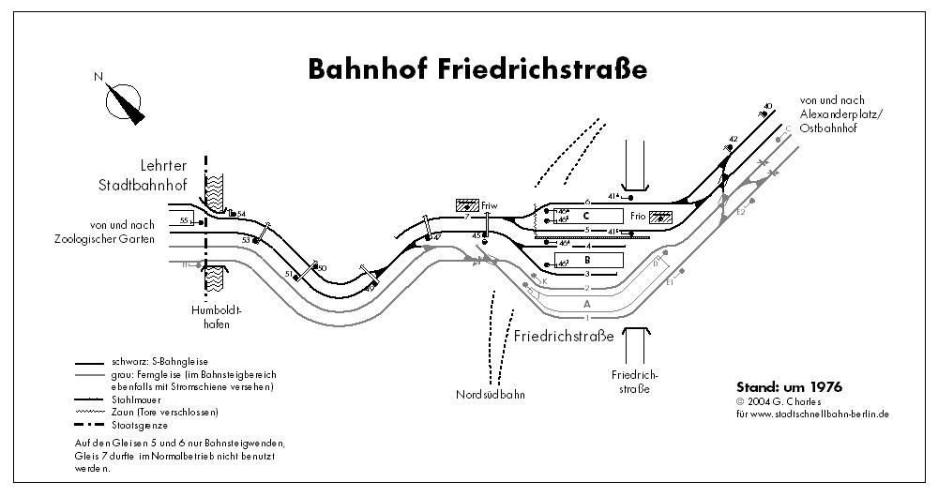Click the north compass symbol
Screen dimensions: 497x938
coord(124,98)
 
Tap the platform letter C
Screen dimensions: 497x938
coord(584,216)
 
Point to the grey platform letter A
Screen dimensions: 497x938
coord(587,304)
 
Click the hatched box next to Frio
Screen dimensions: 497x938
coord(660,217)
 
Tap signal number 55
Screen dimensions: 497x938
coord(184,220)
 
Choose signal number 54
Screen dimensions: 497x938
coord(241,215)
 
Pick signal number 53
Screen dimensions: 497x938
coord(247,241)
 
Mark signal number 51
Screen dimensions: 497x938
coord(289,275)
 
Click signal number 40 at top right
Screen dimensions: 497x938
coord(768,106)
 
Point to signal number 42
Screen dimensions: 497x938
coord(734,139)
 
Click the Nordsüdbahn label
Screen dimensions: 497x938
coord(492,394)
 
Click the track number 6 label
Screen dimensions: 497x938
coord(587,202)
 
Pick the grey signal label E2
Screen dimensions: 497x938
coord(739,212)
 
